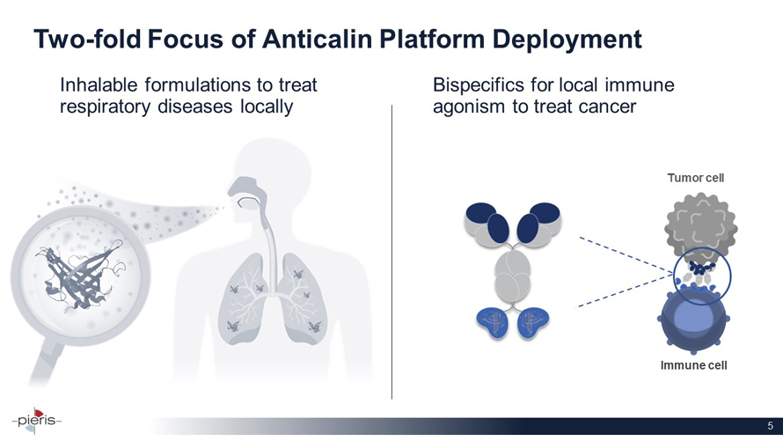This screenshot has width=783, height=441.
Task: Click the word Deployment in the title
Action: (567, 40)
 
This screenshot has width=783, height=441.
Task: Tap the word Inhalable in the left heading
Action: (99, 85)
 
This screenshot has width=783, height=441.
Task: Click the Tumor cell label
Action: (696, 178)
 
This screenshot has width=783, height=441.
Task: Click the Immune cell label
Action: (693, 365)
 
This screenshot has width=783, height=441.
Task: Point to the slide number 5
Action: (771, 425)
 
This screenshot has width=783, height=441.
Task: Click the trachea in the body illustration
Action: (272, 250)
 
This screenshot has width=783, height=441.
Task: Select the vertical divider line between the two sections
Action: (392, 252)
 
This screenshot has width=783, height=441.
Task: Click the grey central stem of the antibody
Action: (513, 276)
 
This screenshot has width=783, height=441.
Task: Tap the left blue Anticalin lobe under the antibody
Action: (493, 323)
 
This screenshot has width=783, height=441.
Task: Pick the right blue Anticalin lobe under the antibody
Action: (533, 323)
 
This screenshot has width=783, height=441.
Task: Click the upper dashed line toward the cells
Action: (626, 254)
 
